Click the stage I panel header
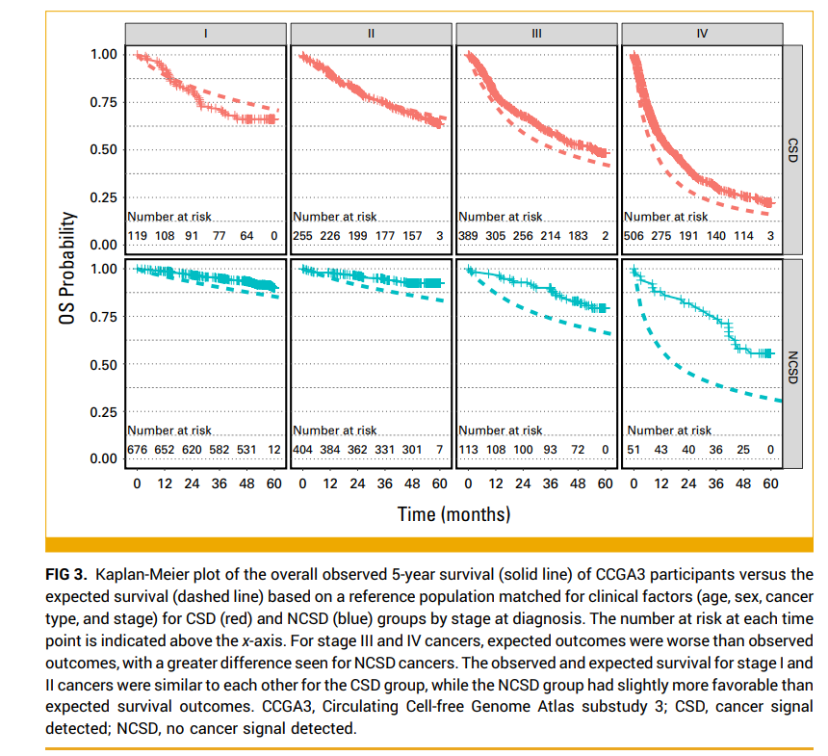click(x=205, y=33)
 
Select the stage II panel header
click(x=371, y=33)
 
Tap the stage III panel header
click(x=536, y=33)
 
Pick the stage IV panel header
click(x=702, y=33)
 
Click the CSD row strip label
click(x=792, y=149)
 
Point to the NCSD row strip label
click(x=792, y=364)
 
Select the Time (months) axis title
click(x=453, y=513)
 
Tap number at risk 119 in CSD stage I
click(x=139, y=236)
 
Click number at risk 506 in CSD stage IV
click(x=636, y=236)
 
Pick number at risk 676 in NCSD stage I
click(x=139, y=450)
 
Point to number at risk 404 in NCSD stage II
click(x=304, y=450)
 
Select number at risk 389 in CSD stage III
click(x=471, y=236)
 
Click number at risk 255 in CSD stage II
click(x=304, y=236)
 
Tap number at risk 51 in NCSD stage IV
click(x=634, y=450)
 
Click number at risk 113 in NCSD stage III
click(x=471, y=450)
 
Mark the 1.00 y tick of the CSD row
click(x=103, y=54)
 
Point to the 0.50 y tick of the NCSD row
click(x=103, y=364)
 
